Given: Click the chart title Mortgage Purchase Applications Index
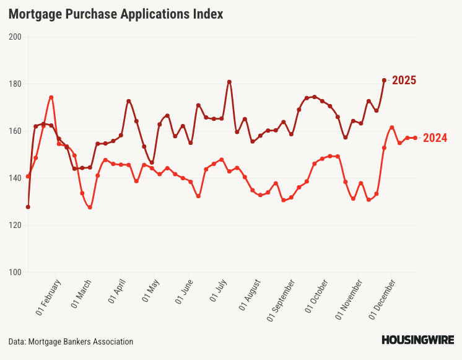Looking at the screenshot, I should point(116,14).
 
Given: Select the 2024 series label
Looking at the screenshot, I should point(435,138).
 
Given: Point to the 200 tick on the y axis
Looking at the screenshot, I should point(15,37).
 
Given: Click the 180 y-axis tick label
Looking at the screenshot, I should point(15,84).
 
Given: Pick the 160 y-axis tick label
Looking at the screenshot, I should point(15,131).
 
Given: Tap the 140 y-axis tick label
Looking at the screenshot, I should point(15,178).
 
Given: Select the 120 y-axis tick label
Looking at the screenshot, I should point(15,225).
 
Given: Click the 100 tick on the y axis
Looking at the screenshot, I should point(15,272).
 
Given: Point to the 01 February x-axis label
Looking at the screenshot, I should point(50,295).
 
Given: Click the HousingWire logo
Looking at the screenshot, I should point(417,340).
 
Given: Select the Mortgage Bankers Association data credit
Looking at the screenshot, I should point(71,341).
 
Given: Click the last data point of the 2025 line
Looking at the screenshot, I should point(384,80).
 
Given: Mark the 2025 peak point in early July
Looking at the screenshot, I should point(229,82).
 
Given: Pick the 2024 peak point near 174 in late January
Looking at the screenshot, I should point(51,97).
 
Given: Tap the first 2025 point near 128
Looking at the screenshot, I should point(28,207).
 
